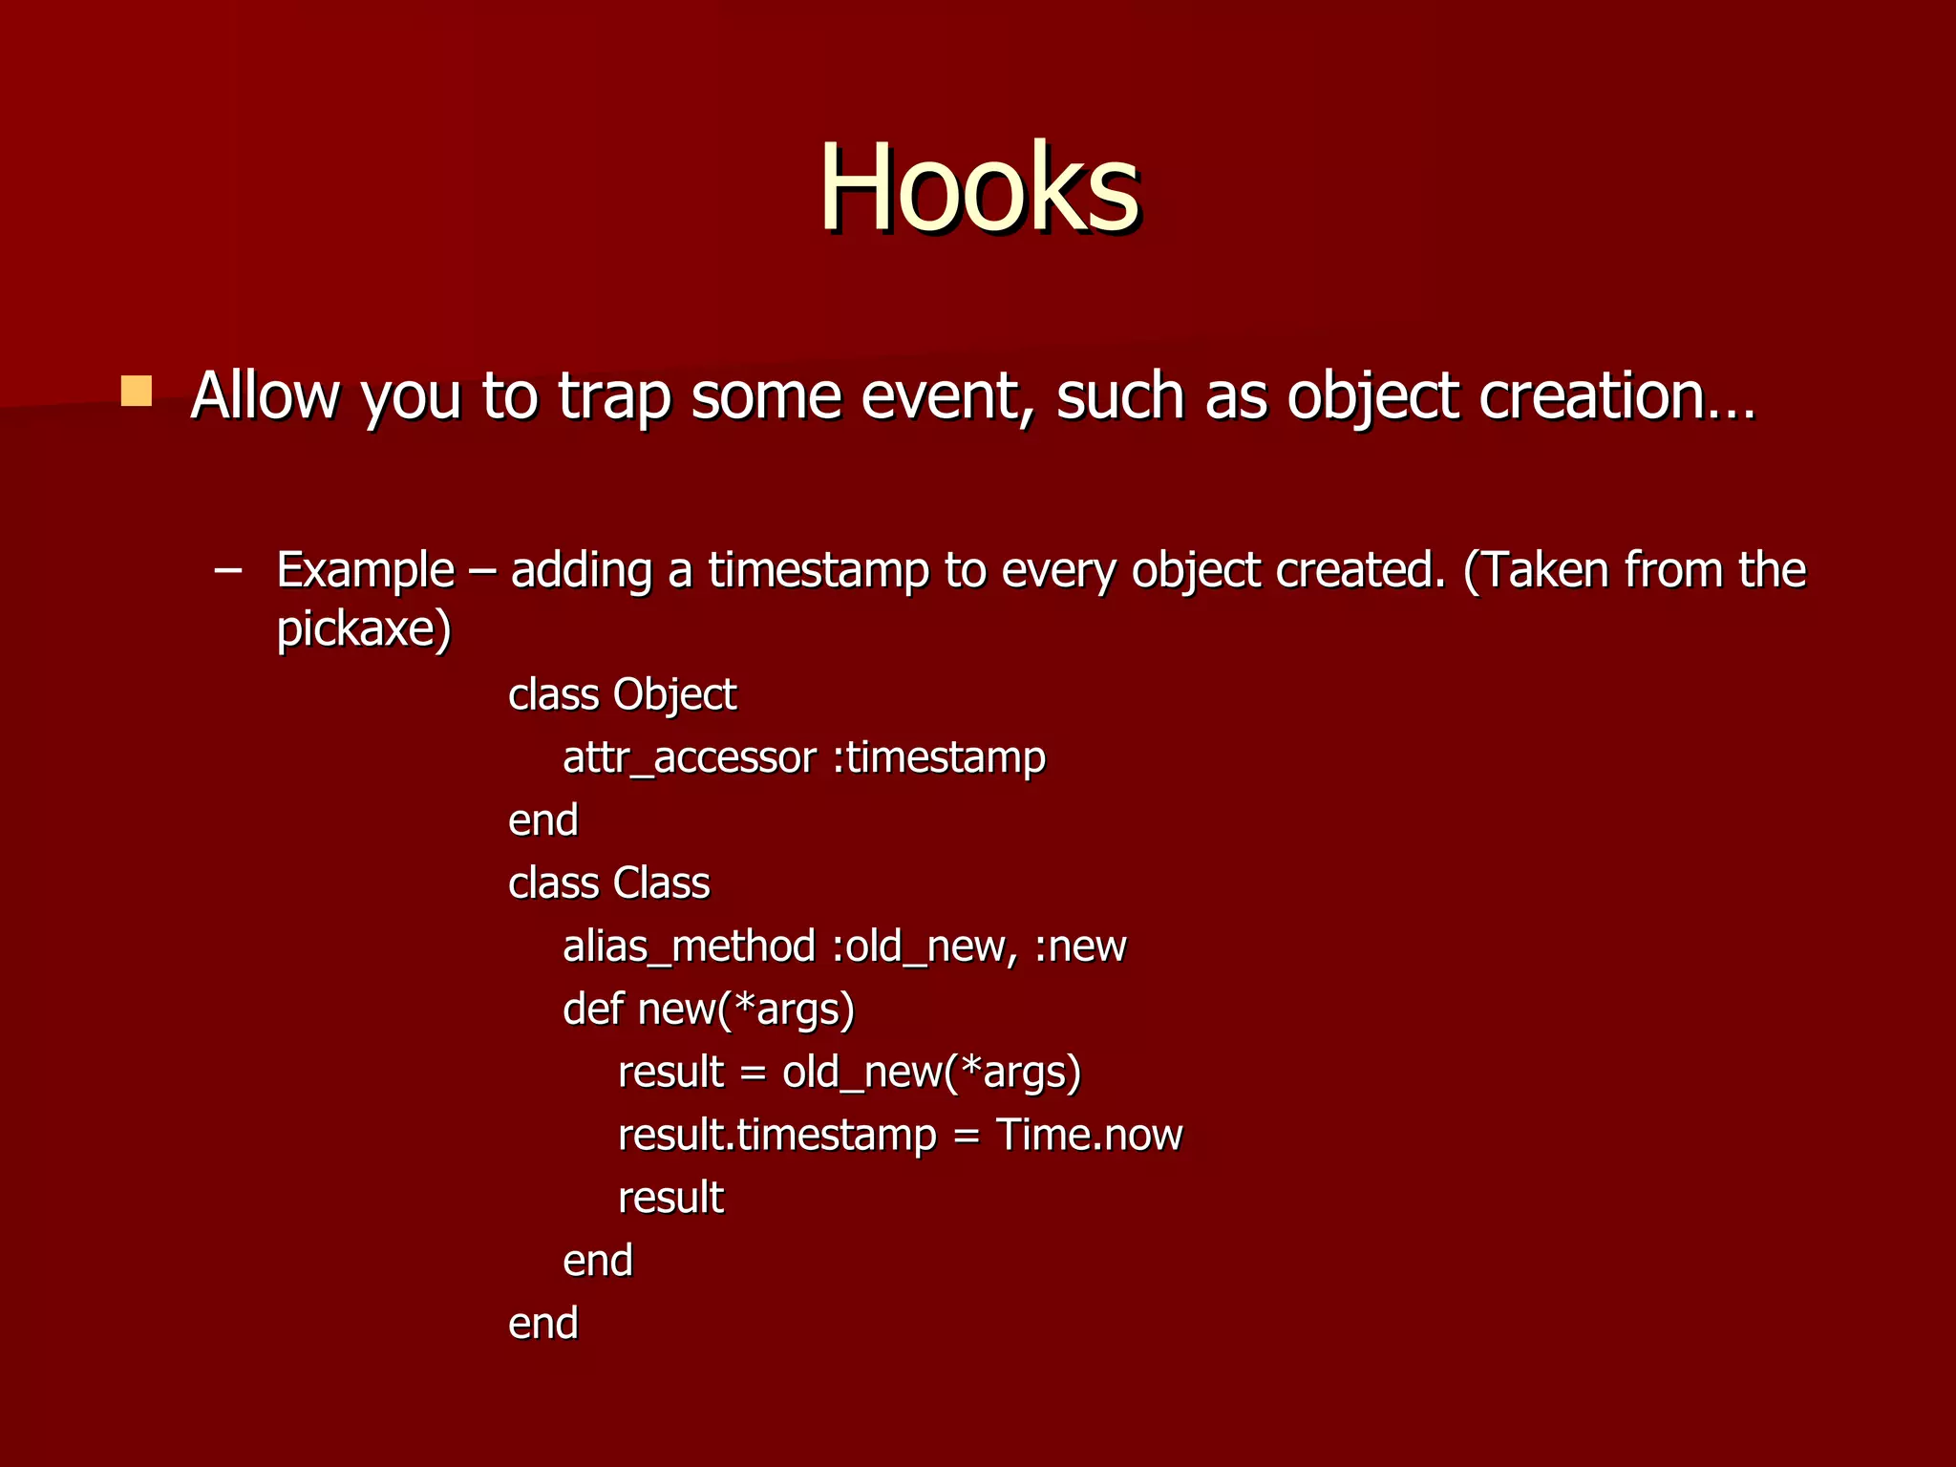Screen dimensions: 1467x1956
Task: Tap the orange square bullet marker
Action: click(x=137, y=391)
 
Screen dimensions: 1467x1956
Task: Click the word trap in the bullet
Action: click(x=614, y=395)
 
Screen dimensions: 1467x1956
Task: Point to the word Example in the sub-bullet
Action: click(x=365, y=570)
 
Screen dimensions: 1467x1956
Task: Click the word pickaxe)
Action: click(x=363, y=628)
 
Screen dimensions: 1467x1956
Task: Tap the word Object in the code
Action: click(x=674, y=694)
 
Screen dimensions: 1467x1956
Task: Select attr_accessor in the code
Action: click(x=689, y=758)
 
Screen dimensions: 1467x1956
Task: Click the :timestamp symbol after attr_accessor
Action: click(x=939, y=758)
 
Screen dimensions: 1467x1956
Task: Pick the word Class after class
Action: click(x=661, y=883)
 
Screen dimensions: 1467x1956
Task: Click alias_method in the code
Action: click(x=689, y=946)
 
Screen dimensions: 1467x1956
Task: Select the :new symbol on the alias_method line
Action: click(x=1080, y=946)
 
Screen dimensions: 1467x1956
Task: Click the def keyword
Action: click(x=592, y=1010)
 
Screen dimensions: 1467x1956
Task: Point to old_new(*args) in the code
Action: click(x=931, y=1073)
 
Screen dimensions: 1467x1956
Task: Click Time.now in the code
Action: click(x=1089, y=1135)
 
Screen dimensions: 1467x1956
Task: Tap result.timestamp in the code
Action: click(x=776, y=1136)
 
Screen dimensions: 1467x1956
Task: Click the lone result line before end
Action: click(x=670, y=1198)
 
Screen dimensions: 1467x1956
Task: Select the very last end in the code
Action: click(x=542, y=1324)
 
